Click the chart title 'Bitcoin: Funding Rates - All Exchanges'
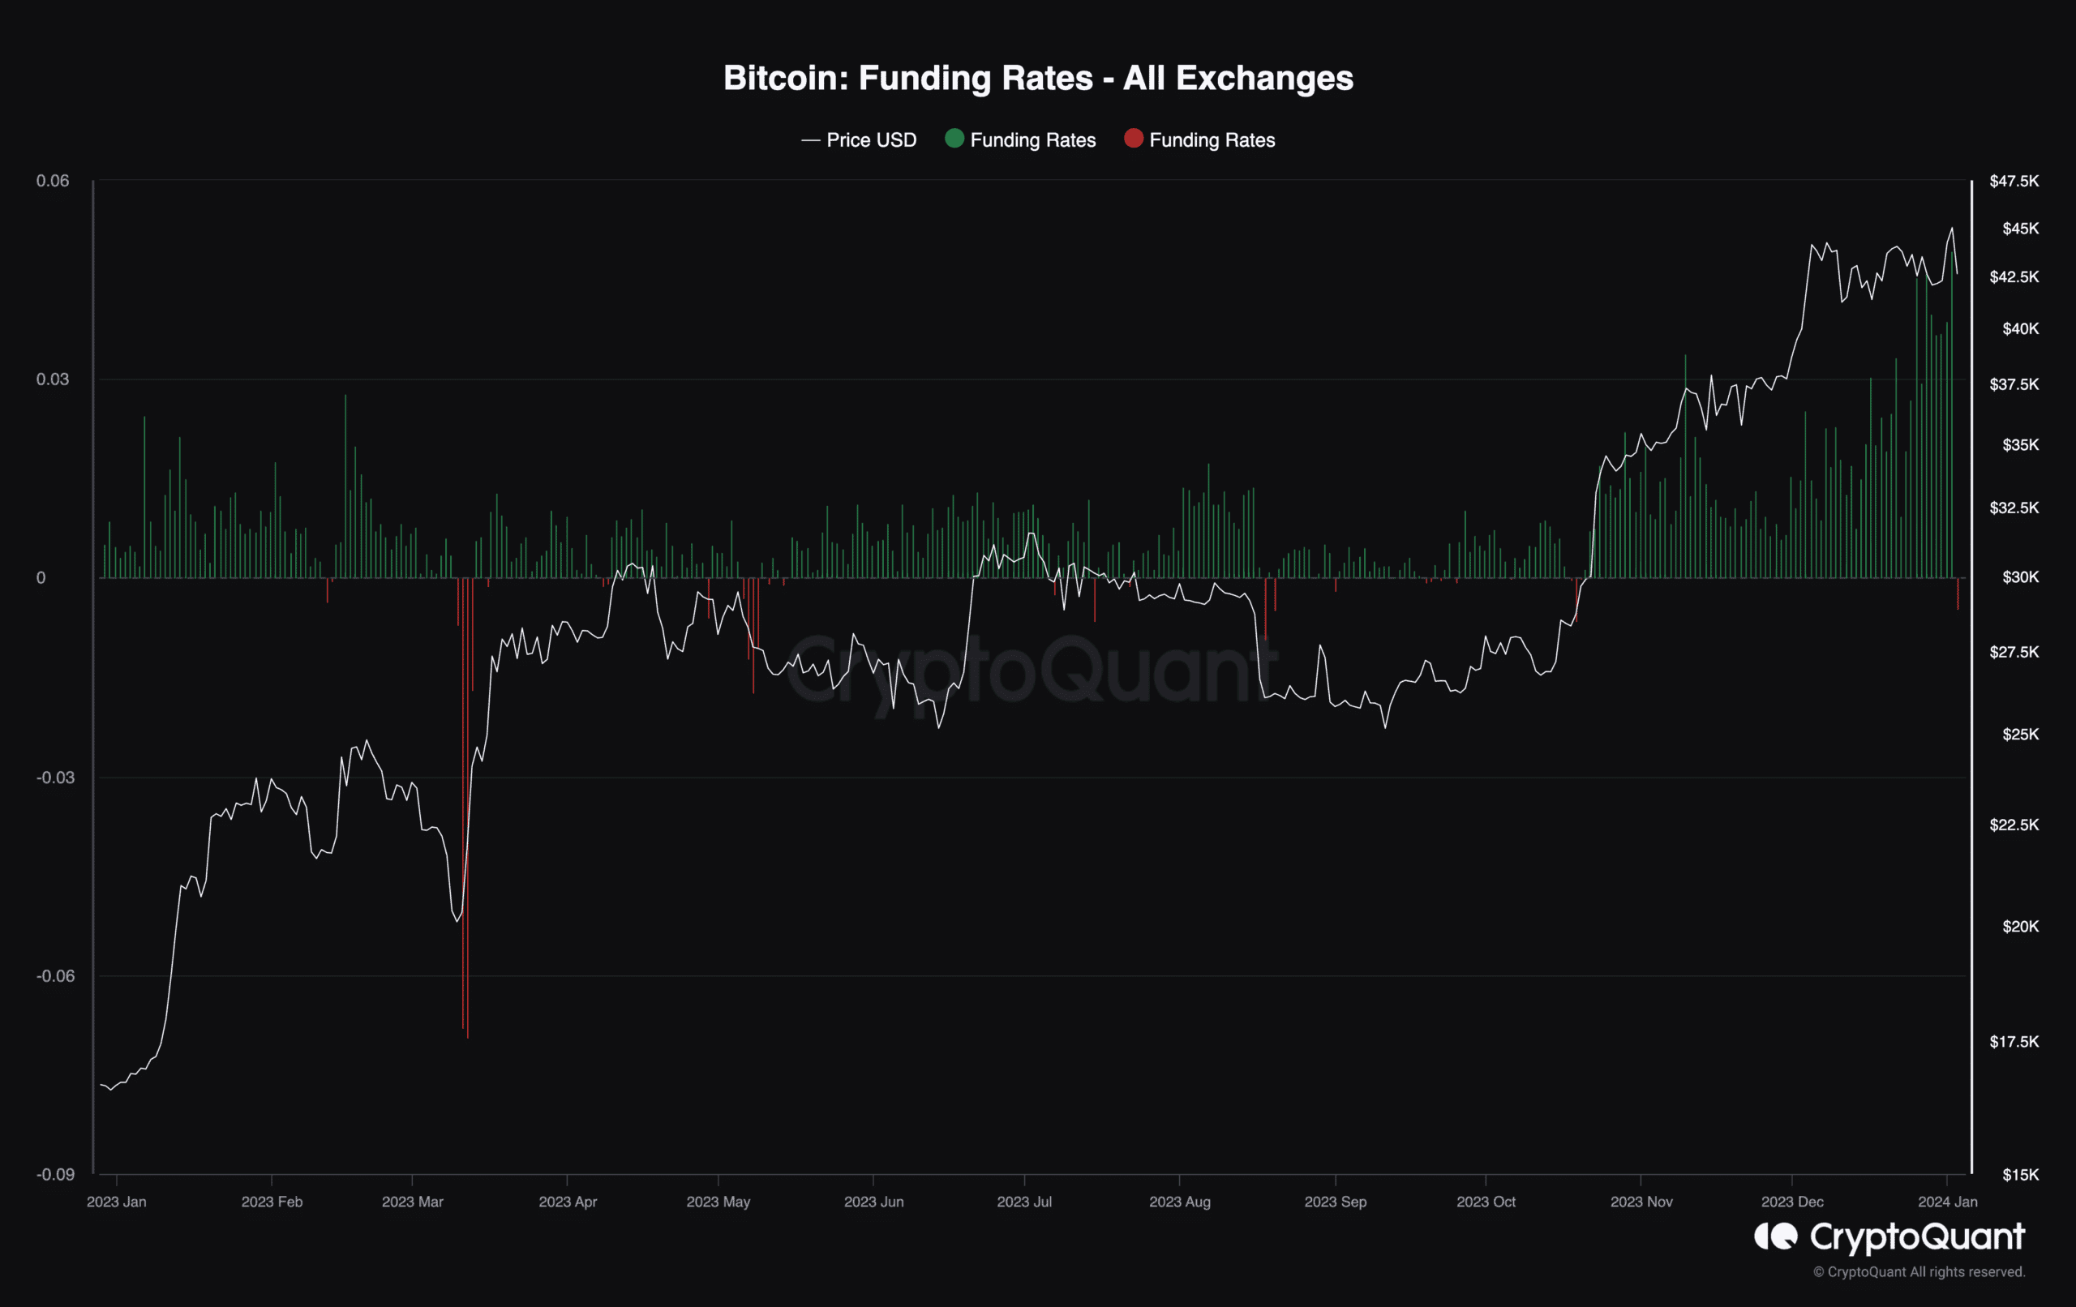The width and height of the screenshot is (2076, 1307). point(1038,79)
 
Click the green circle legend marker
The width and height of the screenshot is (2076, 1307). point(954,138)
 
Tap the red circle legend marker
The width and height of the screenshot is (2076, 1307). point(1133,138)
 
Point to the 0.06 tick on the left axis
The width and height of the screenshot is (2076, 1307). point(53,180)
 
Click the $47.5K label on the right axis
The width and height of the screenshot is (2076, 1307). point(2014,180)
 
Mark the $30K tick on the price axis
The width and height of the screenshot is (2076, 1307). point(2020,576)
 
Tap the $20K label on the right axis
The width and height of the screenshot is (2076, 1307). point(2020,926)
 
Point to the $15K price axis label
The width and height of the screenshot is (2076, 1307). point(2020,1174)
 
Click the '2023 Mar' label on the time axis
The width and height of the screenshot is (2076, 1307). point(412,1201)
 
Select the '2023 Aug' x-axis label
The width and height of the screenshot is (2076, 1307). point(1179,1201)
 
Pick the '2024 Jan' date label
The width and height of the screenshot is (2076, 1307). point(1948,1201)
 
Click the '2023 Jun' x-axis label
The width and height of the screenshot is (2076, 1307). point(873,1201)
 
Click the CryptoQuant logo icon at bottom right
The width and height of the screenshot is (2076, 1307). point(1776,1236)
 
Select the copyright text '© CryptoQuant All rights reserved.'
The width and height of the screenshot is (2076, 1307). point(1918,1271)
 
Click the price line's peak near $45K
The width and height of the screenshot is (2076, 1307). point(1952,229)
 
